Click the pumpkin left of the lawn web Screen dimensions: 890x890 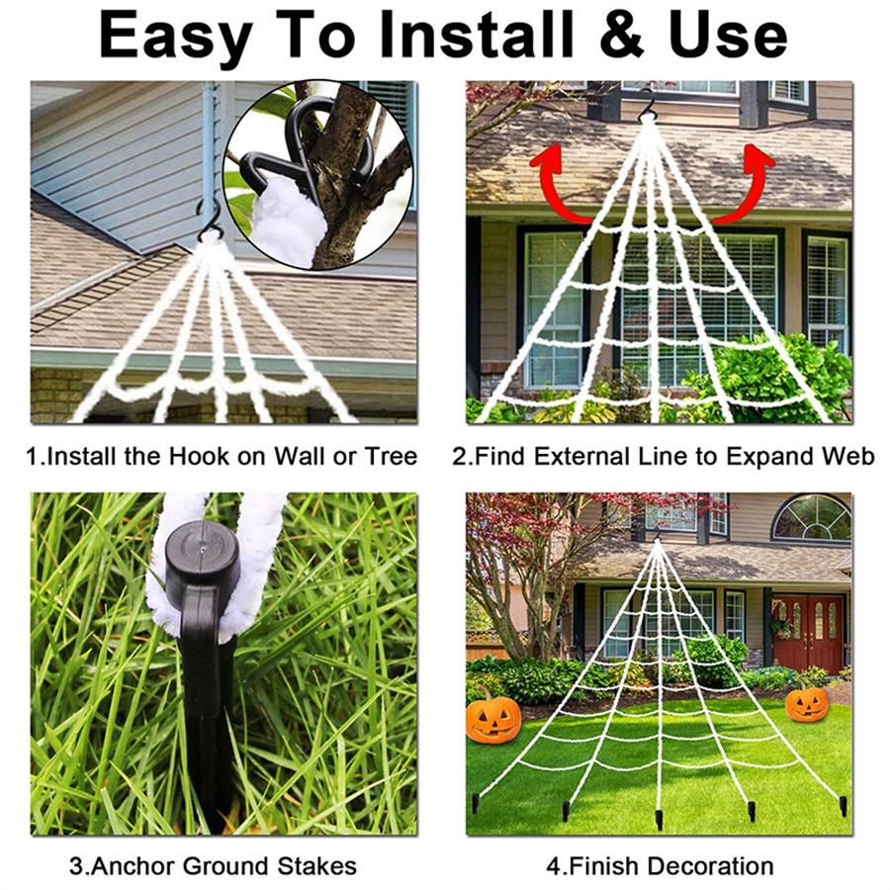(x=492, y=718)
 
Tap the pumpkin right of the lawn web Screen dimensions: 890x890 (x=807, y=703)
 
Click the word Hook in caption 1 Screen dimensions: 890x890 (x=195, y=457)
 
